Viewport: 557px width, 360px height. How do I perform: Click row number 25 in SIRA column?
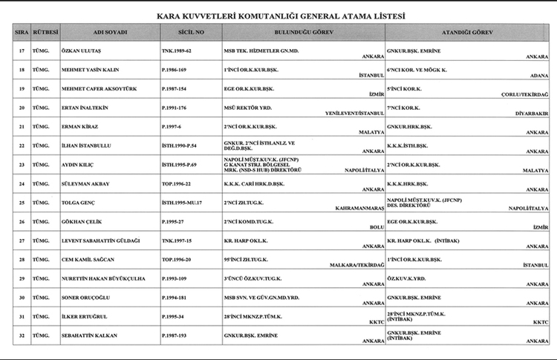(x=22, y=202)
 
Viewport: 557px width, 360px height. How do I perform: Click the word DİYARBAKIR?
(x=530, y=114)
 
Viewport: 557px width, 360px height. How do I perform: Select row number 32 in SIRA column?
(x=22, y=336)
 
